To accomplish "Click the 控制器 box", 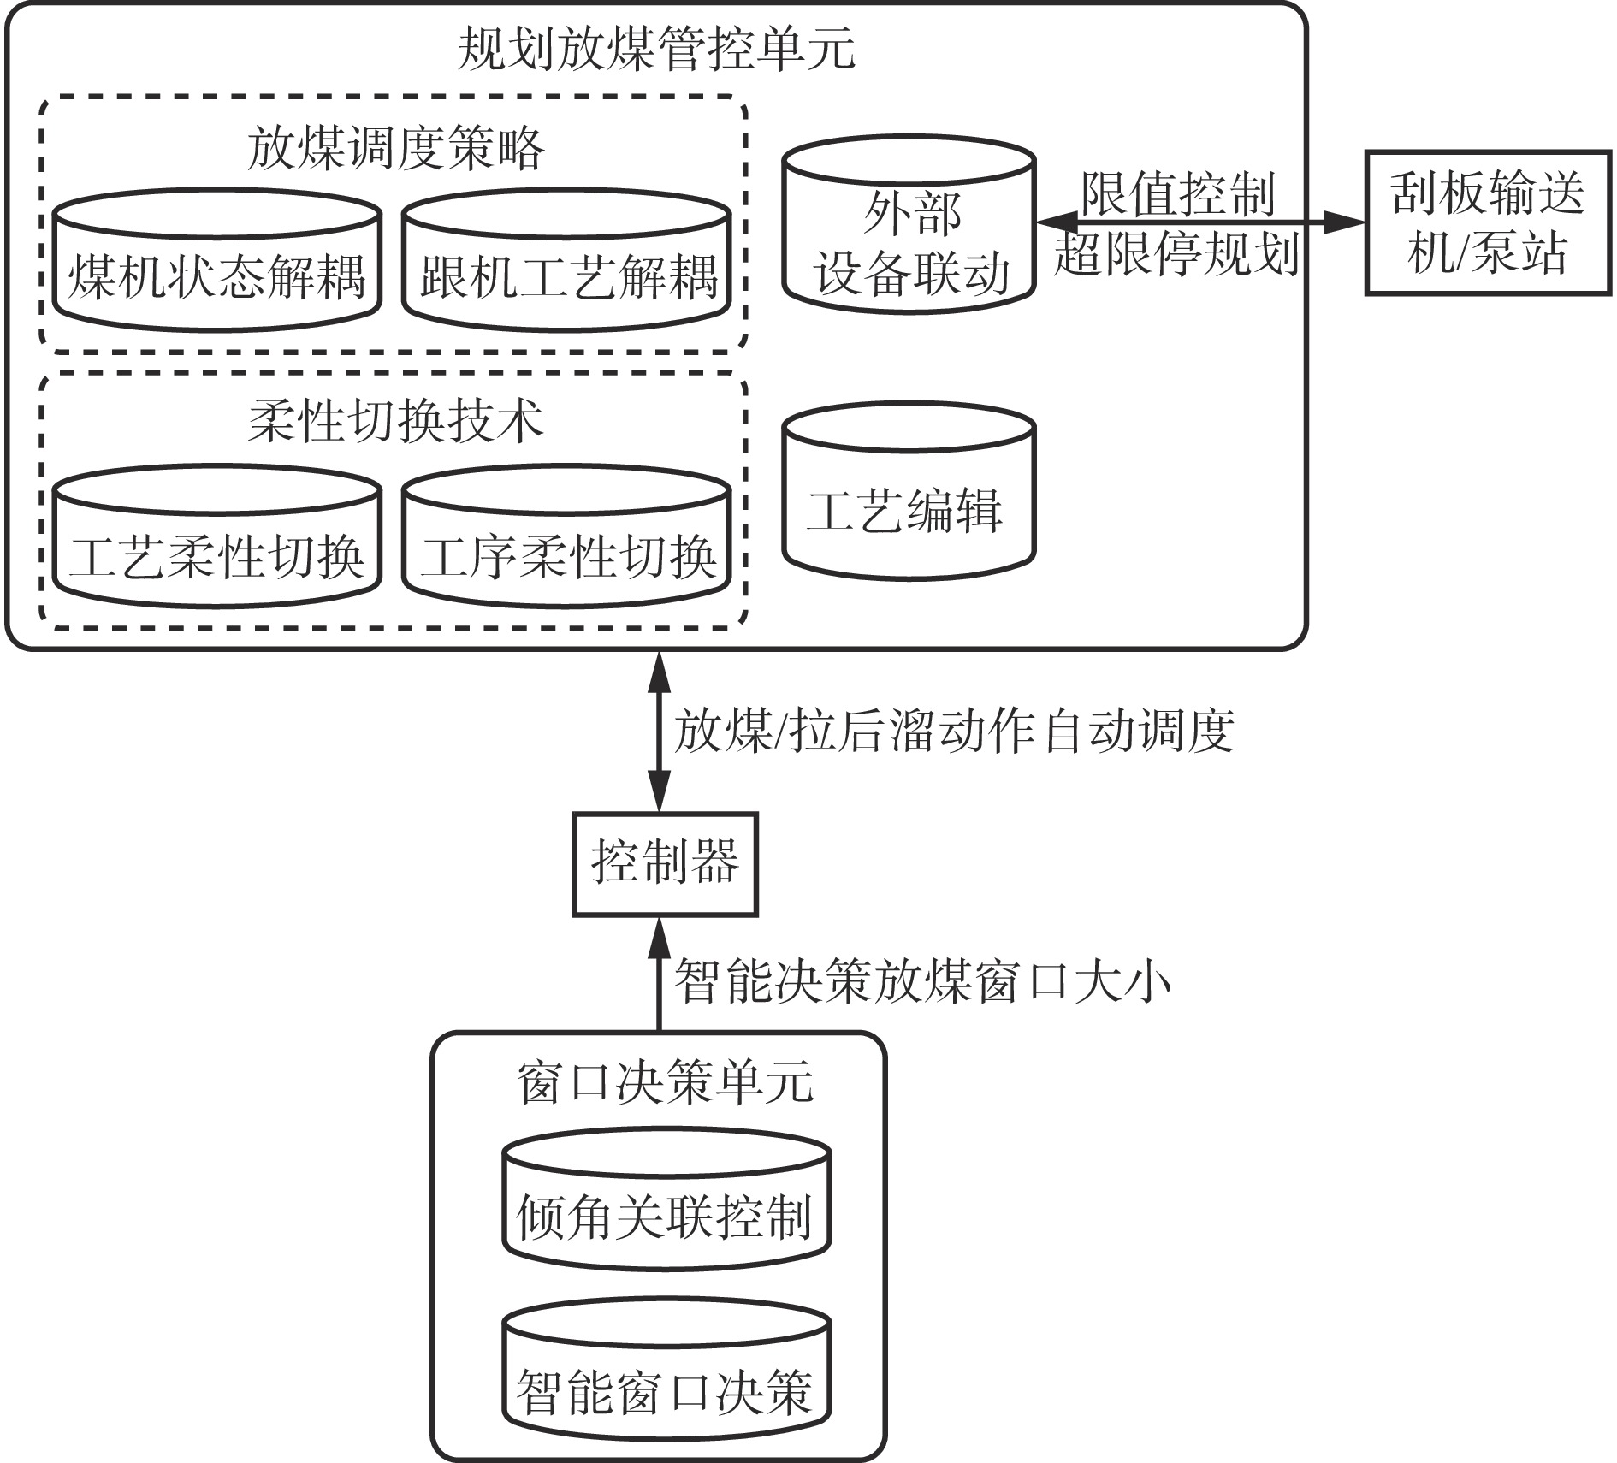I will point(665,864).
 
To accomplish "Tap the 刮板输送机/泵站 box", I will point(1488,223).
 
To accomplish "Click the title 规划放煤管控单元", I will point(656,49).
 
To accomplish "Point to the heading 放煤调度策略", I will point(395,148).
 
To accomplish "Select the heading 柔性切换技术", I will point(395,421).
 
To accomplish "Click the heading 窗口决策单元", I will point(665,1082).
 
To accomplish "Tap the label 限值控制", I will point(1177,194).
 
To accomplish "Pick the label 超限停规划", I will point(1177,253).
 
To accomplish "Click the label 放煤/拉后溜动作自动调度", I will point(954,731).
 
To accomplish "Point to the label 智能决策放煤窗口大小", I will point(922,981).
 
